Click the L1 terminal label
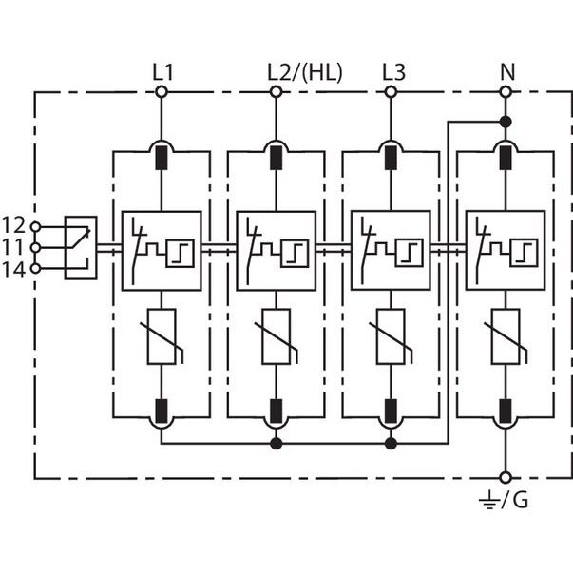162,72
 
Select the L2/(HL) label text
305,72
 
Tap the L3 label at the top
394,72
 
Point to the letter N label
507,72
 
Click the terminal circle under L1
162,92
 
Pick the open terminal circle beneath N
506,92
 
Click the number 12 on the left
13,225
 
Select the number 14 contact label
13,271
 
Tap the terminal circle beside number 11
35,248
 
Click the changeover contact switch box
81,248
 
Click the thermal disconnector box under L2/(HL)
277,251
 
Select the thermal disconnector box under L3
391,251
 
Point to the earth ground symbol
488,500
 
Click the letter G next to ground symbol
521,500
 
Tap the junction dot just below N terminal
506,122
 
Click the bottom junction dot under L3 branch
391,444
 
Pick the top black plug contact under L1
162,158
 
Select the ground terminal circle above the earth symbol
506,477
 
